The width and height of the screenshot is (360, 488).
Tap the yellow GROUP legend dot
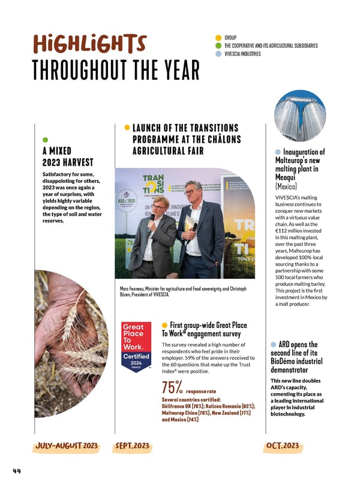(x=218, y=37)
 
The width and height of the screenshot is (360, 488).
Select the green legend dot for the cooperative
(x=218, y=46)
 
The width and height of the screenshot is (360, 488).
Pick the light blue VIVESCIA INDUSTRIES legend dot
(x=218, y=54)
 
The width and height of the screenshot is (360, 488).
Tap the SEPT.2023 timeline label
(x=132, y=446)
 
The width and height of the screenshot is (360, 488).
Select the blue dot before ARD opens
(x=274, y=344)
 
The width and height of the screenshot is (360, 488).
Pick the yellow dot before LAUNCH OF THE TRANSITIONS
(x=127, y=127)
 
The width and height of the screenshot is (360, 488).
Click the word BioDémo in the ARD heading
(x=286, y=362)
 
